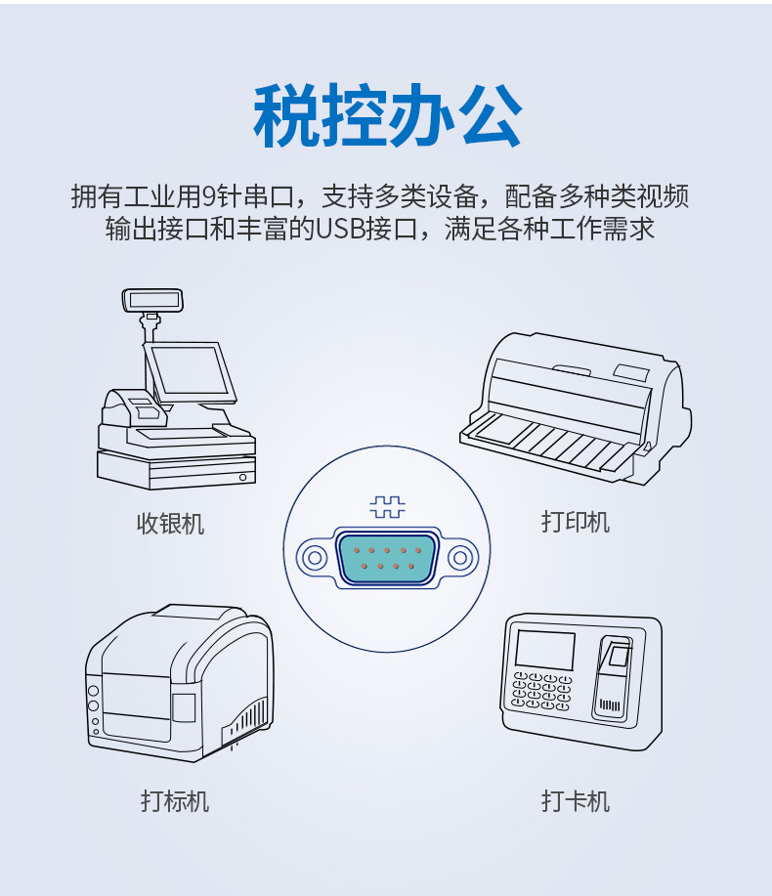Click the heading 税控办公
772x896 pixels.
click(x=387, y=116)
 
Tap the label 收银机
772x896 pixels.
click(x=170, y=524)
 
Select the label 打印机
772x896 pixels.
click(x=576, y=522)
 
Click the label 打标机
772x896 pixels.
click(x=175, y=801)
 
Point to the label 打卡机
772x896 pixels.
click(x=576, y=801)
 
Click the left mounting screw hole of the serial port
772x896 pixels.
click(x=314, y=557)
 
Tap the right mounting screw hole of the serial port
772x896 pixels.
click(x=460, y=557)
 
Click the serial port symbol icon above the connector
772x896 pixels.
click(x=387, y=507)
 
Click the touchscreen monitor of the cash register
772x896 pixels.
click(x=191, y=372)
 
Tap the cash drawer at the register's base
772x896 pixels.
click(x=176, y=470)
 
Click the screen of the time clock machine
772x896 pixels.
click(x=544, y=651)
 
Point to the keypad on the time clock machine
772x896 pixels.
click(x=541, y=692)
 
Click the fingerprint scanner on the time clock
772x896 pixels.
click(x=615, y=674)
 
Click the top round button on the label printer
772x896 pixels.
click(x=94, y=691)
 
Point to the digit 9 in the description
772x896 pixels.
click(x=209, y=196)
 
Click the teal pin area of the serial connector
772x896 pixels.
click(x=387, y=558)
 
